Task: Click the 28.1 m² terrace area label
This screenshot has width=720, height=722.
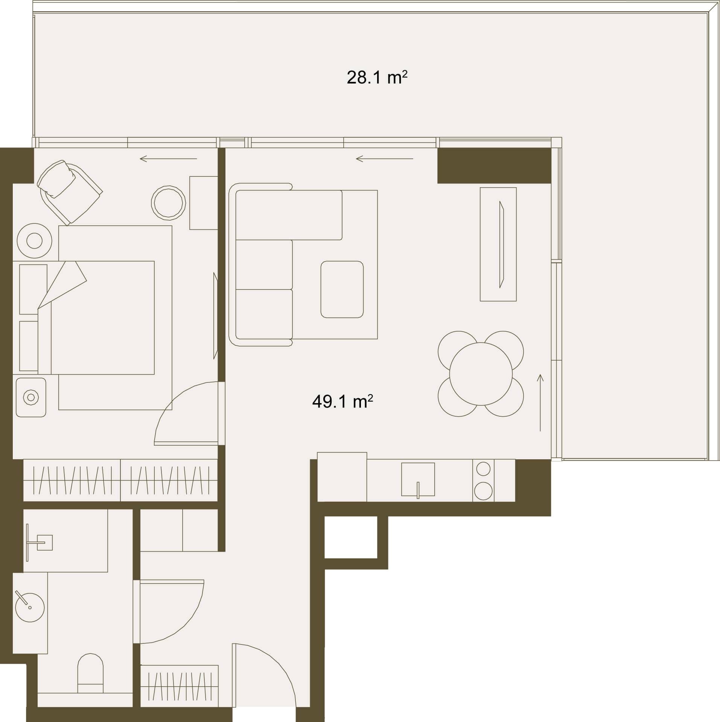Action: pos(377,78)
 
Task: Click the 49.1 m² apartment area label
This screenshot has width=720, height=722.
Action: pos(342,402)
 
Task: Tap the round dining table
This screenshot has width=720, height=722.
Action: pos(481,374)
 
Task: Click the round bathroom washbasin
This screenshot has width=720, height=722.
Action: pos(30,607)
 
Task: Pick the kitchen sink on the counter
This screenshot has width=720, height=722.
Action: pos(418,479)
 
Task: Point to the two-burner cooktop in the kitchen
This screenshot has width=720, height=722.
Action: pos(483,480)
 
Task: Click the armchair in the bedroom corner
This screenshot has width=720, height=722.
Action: pos(70,192)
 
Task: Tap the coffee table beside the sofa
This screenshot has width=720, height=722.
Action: pos(342,289)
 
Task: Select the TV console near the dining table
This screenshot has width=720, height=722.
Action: pos(498,244)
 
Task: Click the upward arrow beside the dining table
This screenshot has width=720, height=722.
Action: pos(540,402)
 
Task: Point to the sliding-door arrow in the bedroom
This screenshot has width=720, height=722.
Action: pos(168,159)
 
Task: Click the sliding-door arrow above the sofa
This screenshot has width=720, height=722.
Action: pos(384,159)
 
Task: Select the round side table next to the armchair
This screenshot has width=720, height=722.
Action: pos(169,203)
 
